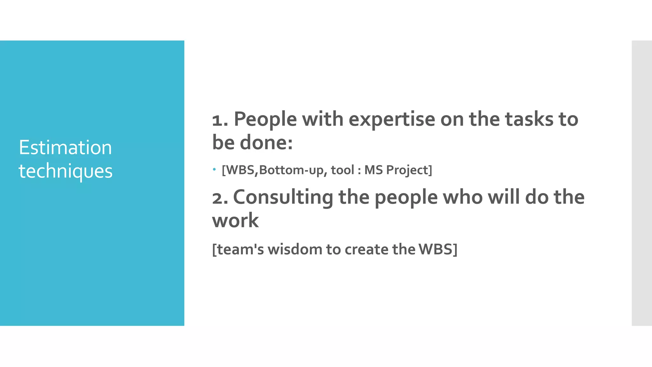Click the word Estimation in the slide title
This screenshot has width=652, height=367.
[65, 148]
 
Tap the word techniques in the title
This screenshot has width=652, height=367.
[66, 171]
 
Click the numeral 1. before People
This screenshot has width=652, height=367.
[220, 120]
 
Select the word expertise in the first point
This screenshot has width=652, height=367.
[392, 120]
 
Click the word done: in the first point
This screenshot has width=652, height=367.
[266, 142]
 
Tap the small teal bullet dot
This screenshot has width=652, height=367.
[215, 169]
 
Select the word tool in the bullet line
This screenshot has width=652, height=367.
[342, 170]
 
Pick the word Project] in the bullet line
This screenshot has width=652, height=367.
[409, 170]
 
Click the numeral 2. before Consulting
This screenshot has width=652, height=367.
[220, 198]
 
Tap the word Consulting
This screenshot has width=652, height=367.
[283, 198]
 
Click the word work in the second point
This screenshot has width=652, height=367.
[235, 220]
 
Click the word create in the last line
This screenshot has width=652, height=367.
[366, 249]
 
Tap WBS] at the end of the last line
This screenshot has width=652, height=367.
[438, 249]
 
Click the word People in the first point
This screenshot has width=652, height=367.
[265, 120]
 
